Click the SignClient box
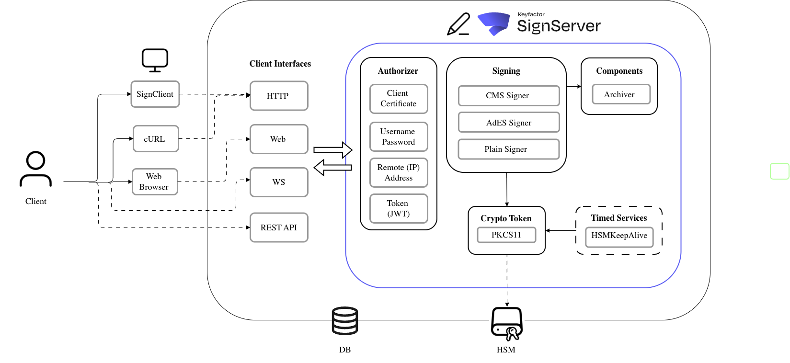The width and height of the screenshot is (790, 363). (x=155, y=94)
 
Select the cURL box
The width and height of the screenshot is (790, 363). (x=156, y=139)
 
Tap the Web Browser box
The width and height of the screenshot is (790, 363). (x=155, y=181)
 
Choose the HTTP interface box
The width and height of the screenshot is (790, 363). (x=279, y=96)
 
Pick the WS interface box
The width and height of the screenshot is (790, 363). (x=279, y=182)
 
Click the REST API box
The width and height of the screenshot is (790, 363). (x=279, y=227)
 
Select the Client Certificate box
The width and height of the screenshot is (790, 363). (x=399, y=99)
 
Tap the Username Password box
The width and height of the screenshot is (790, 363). (x=399, y=136)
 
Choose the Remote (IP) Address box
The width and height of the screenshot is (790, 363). (x=399, y=172)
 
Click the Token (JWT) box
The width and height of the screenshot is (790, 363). (x=399, y=208)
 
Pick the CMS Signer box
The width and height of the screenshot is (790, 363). (x=508, y=96)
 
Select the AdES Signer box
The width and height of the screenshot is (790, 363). (x=508, y=123)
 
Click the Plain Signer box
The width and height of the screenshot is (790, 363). (x=508, y=149)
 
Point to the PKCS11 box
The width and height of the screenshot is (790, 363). (x=506, y=235)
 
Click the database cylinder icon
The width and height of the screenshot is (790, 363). (x=345, y=321)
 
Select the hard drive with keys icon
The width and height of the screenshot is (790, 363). (x=507, y=324)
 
